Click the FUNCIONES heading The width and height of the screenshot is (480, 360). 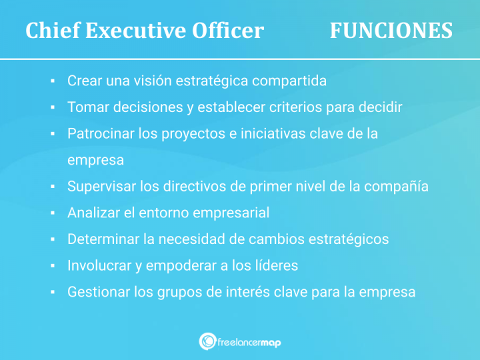[x=391, y=31]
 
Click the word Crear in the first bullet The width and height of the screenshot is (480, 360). [x=83, y=81]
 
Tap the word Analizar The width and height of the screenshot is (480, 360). [x=93, y=213]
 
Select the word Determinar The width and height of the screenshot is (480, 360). [x=102, y=239]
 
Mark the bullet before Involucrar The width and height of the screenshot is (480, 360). [x=52, y=265]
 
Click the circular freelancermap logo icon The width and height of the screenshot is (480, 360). [x=207, y=341]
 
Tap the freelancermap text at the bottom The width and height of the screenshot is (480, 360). [x=249, y=342]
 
